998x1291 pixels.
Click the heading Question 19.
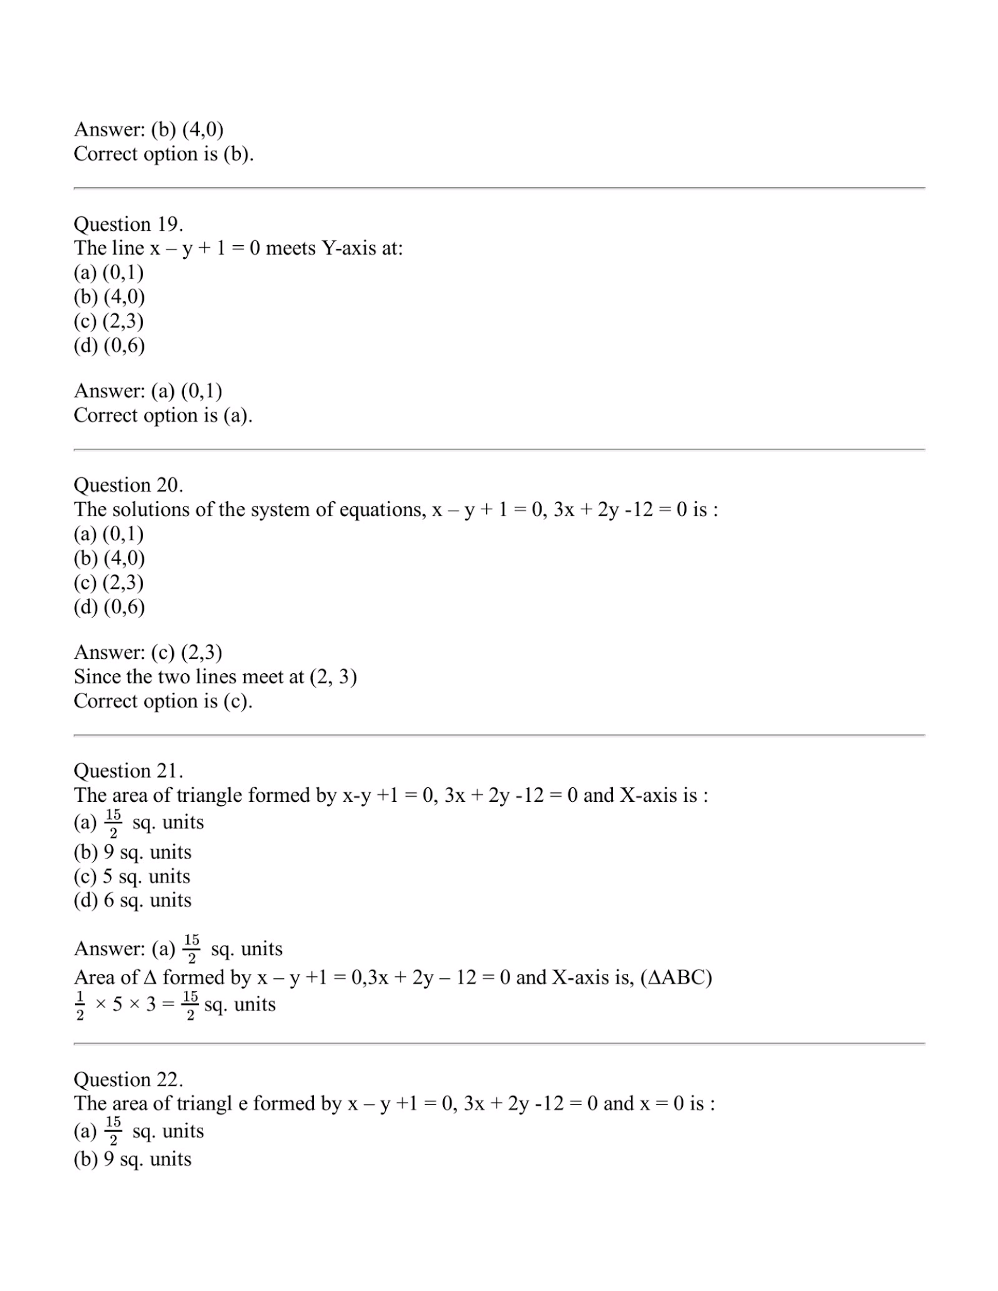[x=129, y=224]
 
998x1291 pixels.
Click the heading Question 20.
[x=129, y=485]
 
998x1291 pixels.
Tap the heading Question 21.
[x=129, y=770]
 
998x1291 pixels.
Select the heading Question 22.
[x=129, y=1079]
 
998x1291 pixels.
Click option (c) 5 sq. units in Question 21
[x=132, y=876]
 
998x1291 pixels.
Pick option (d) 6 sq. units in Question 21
[x=132, y=900]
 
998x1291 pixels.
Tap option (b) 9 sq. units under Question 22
[x=132, y=1159]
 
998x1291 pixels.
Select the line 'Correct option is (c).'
[x=163, y=701]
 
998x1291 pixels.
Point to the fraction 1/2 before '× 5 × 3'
[x=80, y=1005]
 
